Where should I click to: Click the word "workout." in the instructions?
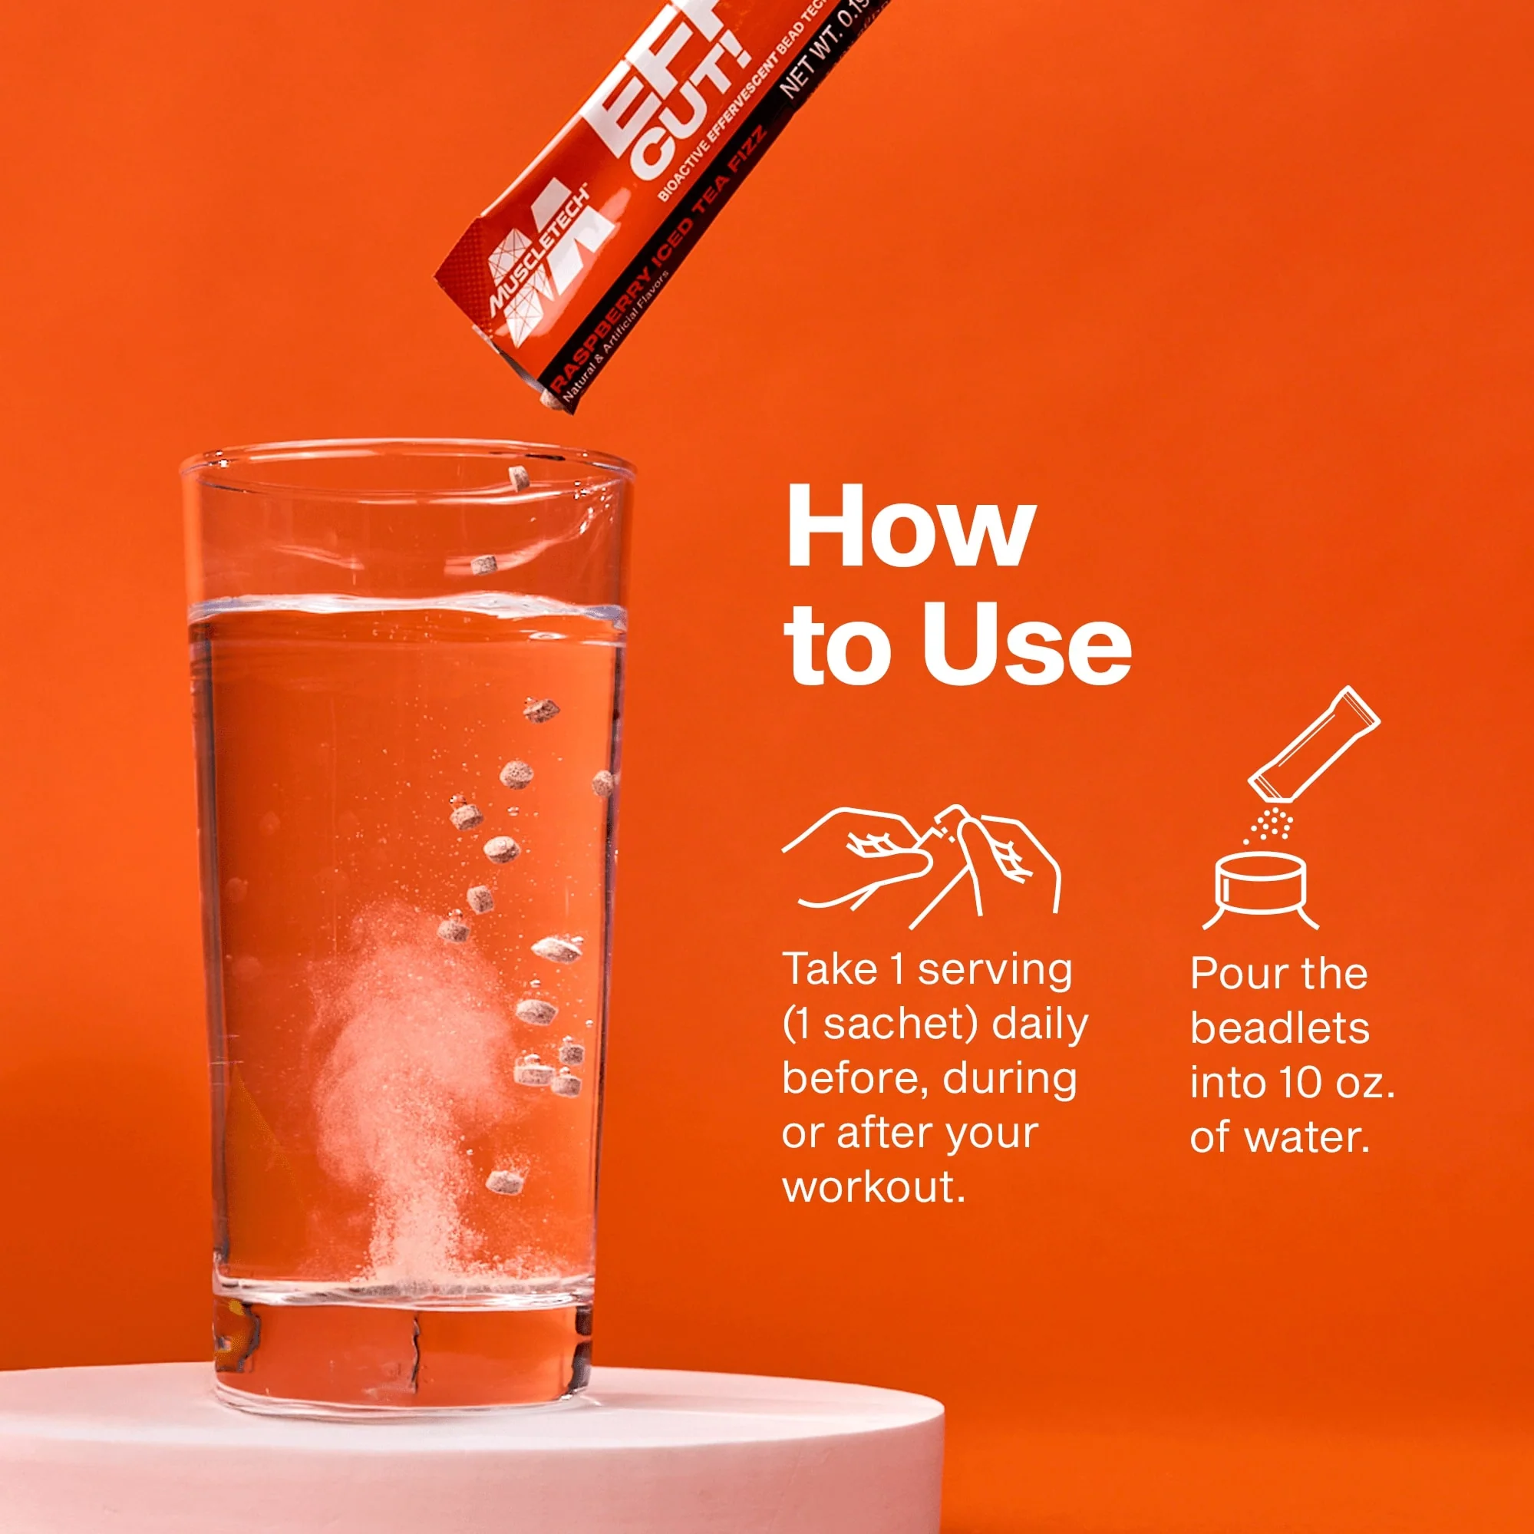(x=873, y=1188)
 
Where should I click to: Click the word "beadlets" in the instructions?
(x=1279, y=1028)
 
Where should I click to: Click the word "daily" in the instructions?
(x=1039, y=1024)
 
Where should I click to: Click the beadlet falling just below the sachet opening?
(x=519, y=478)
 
